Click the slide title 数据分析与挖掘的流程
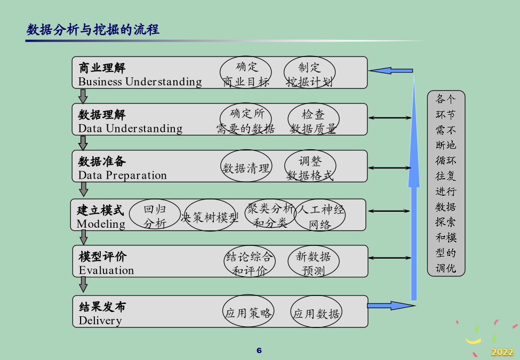pos(93,29)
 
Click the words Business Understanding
pos(140,82)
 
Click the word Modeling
pos(101,224)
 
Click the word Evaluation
pos(107,270)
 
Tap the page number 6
pos(259,350)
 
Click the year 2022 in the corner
pos(502,351)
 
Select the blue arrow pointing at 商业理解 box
pos(390,70)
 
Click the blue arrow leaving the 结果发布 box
pos(391,306)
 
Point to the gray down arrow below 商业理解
pos(83,96)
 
